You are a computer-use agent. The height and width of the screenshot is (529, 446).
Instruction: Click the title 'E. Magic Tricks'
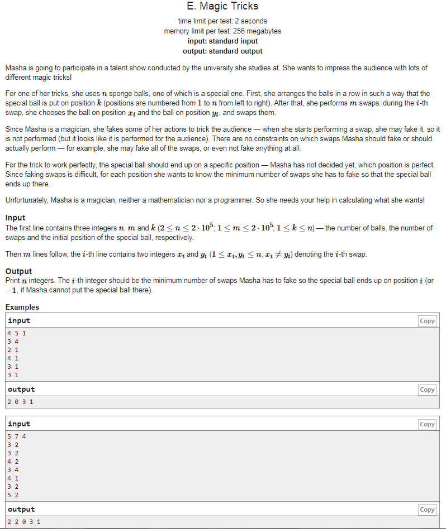click(x=222, y=7)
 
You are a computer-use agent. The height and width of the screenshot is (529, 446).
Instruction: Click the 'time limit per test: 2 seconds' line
click(x=222, y=21)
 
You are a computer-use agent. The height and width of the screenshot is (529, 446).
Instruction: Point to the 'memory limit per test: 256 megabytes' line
click(x=222, y=31)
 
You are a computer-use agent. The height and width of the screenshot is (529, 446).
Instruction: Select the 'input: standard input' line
click(x=222, y=41)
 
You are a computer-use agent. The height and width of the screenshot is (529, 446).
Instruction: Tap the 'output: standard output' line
click(x=222, y=51)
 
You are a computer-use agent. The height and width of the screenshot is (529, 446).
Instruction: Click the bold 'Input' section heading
click(x=15, y=218)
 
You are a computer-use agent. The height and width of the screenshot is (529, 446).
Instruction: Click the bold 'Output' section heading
click(x=18, y=271)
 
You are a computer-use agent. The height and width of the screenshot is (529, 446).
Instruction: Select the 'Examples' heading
click(x=22, y=307)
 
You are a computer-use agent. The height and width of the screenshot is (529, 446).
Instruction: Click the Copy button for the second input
click(x=427, y=425)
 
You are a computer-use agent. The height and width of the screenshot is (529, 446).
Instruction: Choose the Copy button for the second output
click(x=427, y=509)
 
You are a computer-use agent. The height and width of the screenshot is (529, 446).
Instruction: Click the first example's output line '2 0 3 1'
click(x=21, y=401)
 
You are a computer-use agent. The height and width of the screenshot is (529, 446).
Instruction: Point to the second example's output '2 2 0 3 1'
click(x=24, y=522)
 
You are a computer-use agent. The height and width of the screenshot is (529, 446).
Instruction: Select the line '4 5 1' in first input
click(x=17, y=333)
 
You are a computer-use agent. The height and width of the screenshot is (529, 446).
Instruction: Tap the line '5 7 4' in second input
click(x=17, y=436)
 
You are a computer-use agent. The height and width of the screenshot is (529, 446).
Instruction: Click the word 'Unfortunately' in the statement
click(x=26, y=200)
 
